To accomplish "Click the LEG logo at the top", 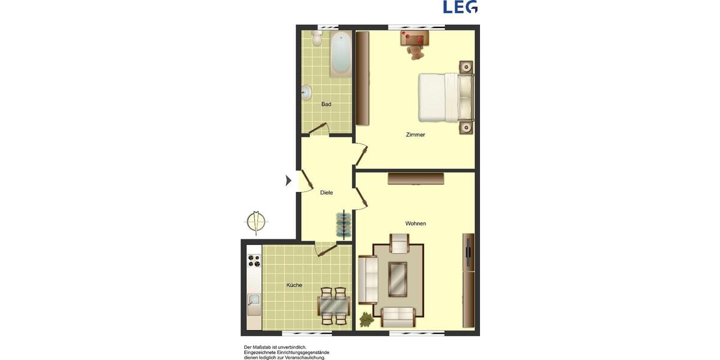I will coord(460,7).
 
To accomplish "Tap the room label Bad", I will coord(326,104).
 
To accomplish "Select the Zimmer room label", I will coord(415,135).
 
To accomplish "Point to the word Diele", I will coord(326,193).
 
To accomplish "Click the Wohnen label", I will coord(415,224).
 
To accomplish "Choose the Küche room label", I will coord(294,285).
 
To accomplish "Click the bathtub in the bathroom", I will coord(340,54).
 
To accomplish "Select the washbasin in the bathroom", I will coord(307,92).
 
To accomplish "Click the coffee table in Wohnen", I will coord(397,279).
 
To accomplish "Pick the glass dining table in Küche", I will coord(334,306).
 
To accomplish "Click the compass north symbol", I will coord(256,221).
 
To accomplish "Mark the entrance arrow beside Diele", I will coord(289,180).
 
